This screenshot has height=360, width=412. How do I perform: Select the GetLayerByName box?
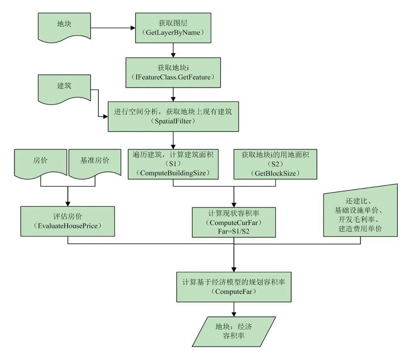tap(173, 27)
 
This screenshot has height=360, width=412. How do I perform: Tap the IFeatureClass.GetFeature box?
tap(173, 72)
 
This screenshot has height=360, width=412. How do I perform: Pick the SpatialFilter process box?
tap(173, 116)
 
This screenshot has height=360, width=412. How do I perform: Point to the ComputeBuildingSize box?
tap(173, 163)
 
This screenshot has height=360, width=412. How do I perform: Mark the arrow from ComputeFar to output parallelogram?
tap(234, 309)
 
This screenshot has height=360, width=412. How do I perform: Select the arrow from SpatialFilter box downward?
tap(173, 140)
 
